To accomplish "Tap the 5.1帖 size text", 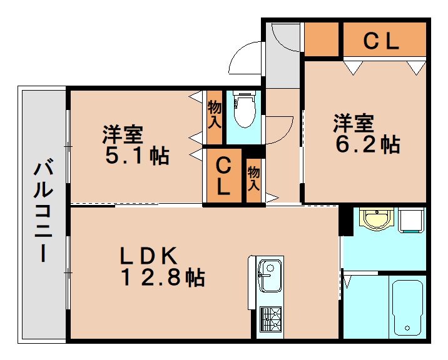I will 136,156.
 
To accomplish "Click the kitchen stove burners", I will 270,320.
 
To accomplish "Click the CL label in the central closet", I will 223,177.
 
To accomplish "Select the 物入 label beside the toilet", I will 214,114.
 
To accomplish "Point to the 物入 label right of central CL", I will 253,178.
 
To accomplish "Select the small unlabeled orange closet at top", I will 321,39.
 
